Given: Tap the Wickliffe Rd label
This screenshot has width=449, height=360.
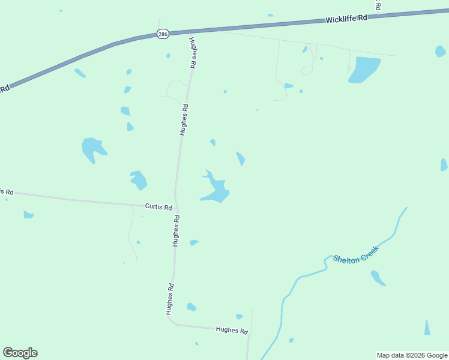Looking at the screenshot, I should click(346, 19).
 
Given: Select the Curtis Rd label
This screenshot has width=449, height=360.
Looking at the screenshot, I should click(158, 207).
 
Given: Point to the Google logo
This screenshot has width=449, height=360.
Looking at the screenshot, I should click(20, 353).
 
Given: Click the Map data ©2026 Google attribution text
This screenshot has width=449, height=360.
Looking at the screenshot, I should click(412, 355).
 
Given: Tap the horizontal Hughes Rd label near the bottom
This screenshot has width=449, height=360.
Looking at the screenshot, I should click(232, 330).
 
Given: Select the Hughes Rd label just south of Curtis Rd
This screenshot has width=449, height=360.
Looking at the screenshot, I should click(176, 231).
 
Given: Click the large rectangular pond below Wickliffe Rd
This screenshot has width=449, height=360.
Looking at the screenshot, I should click(364, 69).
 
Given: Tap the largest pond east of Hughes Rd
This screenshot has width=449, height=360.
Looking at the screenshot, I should click(215, 189).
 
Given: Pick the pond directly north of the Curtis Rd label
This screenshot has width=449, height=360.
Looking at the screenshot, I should click(139, 179).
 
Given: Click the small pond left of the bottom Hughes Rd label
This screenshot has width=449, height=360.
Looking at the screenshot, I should click(191, 307).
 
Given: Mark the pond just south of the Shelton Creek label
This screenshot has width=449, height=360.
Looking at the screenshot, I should click(378, 278).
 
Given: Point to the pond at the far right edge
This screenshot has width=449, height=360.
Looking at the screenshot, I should click(444, 165).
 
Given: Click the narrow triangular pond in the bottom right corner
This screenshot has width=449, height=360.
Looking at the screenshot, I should click(427, 329).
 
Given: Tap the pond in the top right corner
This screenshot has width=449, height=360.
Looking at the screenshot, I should click(440, 51).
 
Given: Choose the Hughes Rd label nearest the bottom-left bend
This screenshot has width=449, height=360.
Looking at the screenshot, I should click(170, 299).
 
